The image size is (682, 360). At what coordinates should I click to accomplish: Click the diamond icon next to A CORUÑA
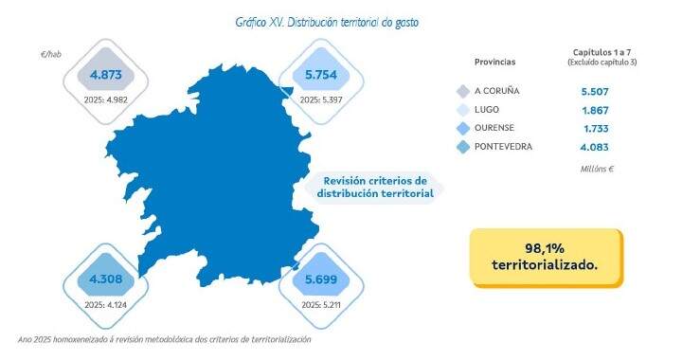point(462,91)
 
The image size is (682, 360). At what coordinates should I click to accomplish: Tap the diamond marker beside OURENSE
point(462,128)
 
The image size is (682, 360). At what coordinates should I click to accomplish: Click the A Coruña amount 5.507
point(594,91)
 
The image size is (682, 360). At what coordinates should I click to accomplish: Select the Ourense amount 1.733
point(594,128)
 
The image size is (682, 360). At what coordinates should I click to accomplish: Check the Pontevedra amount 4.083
point(594,146)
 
